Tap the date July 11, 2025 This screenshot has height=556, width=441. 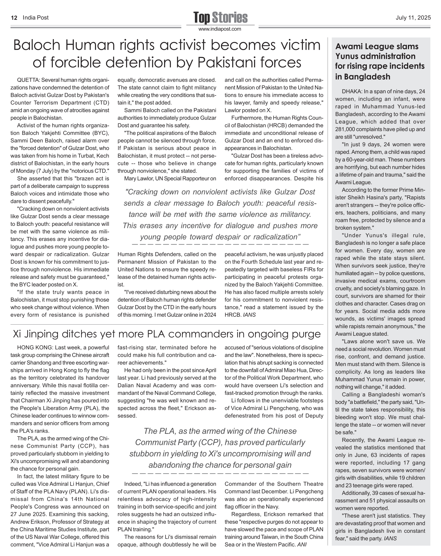[413, 18]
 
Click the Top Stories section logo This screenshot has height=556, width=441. [220, 18]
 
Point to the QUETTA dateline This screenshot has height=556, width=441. [28, 80]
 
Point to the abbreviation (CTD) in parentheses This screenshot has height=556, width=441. [101, 103]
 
